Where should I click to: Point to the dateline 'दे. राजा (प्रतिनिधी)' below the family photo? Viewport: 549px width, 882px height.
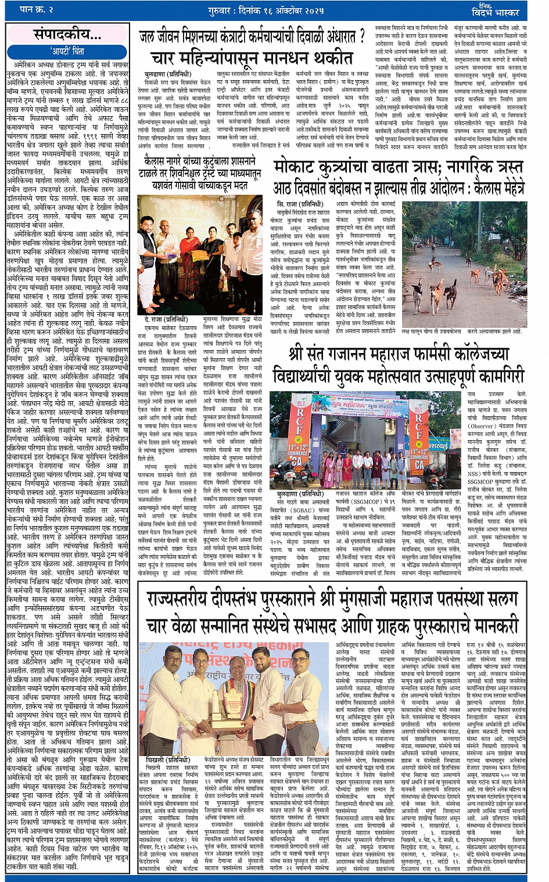(167, 319)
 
